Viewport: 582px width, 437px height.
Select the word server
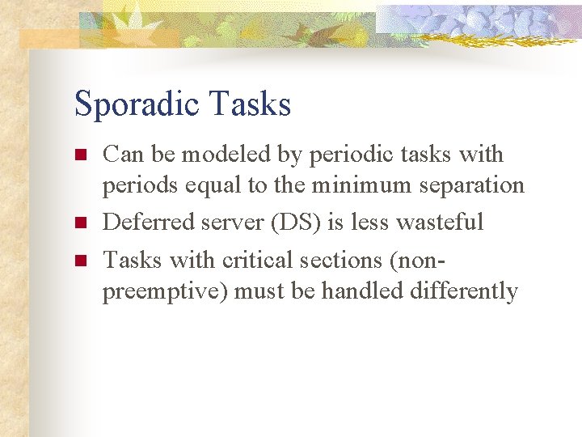pos(234,223)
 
